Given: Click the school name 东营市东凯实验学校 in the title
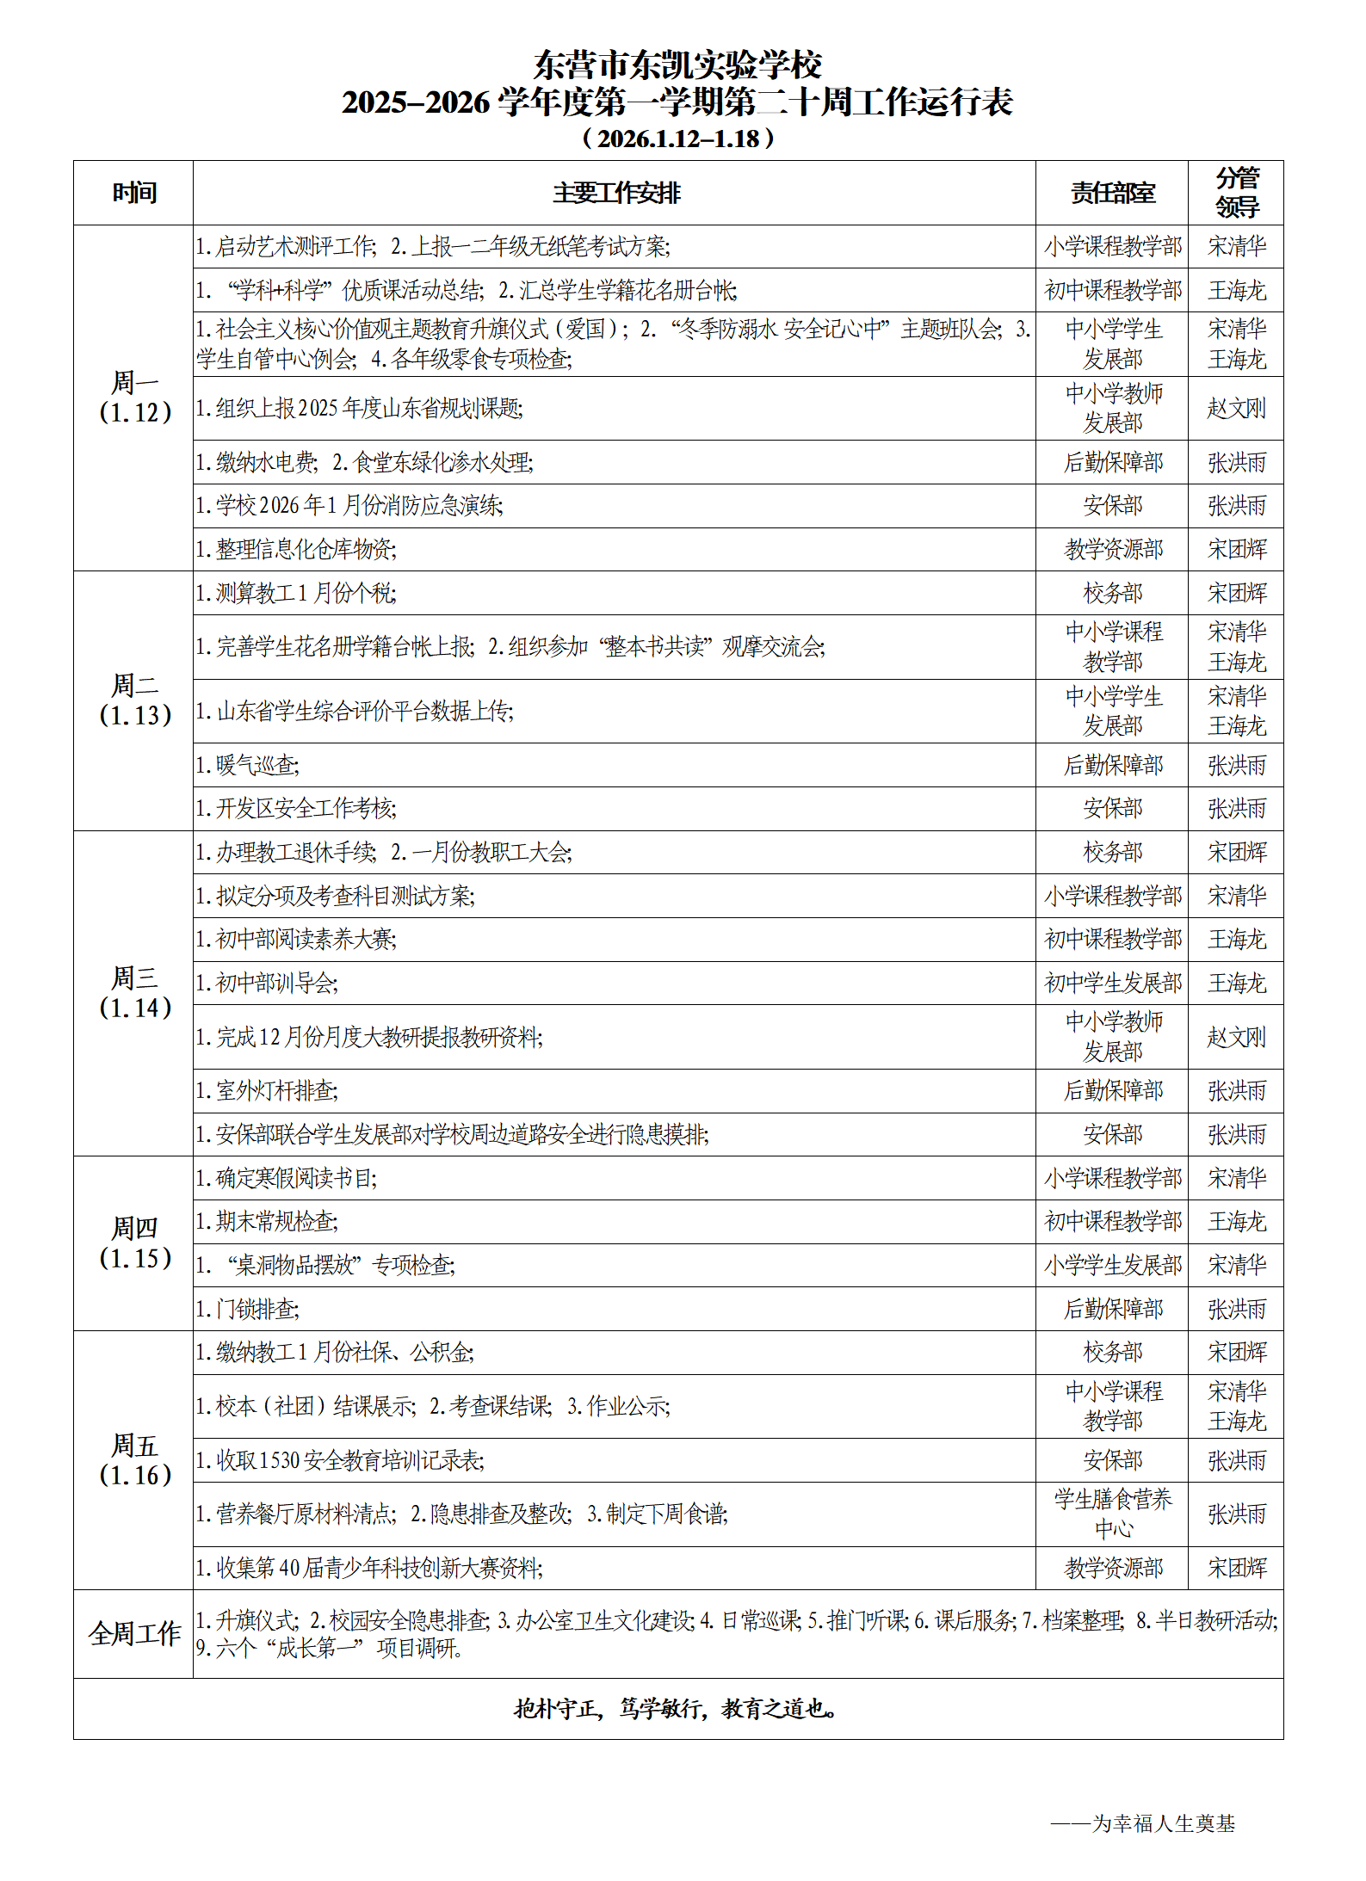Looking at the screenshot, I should pos(677,65).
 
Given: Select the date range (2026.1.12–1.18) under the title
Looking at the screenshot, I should pos(678,139).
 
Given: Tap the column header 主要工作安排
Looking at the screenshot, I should pos(615,193).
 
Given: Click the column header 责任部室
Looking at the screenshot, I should pos(1112,193).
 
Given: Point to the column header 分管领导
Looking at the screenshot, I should pos(1236,193).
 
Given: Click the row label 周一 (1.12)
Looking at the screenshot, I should pos(134,398).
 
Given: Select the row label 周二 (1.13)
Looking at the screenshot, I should pos(134,700).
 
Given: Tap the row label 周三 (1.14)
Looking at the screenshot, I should pos(134,993).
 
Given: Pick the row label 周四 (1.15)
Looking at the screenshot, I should pos(134,1243).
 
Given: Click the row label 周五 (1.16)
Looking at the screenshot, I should pos(134,1460).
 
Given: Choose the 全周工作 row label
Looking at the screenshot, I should pos(134,1633).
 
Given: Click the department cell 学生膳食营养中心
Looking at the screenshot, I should pos(1112,1514).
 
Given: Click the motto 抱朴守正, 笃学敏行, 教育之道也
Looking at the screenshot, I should pos(677,1708).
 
